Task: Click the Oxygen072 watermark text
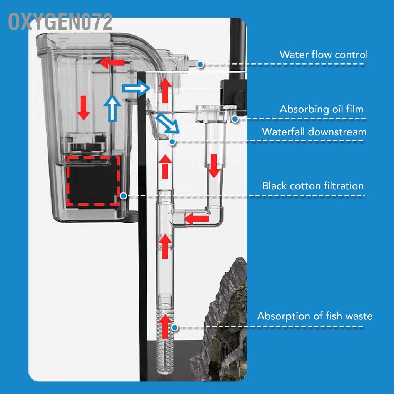pos(60,22)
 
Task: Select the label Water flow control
pos(324,55)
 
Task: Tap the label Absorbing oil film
pos(321,109)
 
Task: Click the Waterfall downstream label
pos(314,132)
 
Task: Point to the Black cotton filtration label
pos(313,186)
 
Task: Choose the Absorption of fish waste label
pos(315,316)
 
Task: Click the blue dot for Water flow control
pos(200,65)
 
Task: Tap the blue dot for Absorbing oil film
pos(235,119)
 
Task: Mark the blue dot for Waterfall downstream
pos(172,142)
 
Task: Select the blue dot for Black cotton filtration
pos(124,196)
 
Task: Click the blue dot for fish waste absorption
pos(175,328)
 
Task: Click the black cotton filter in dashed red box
pos(93,181)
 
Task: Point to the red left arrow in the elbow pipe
pos(197,219)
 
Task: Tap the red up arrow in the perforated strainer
pos(165,326)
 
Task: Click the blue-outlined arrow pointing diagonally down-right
pos(167,124)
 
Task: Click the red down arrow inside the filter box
pos(83,108)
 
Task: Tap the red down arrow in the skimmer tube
pos(214,166)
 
